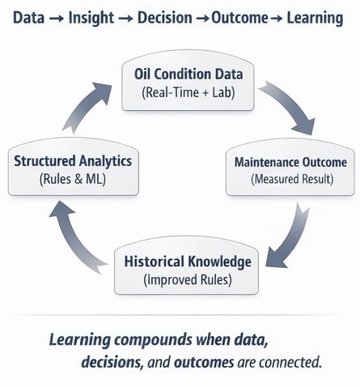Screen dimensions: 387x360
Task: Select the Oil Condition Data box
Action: point(188,83)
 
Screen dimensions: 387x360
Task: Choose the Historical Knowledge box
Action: point(186,270)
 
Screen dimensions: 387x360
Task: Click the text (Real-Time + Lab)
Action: point(188,92)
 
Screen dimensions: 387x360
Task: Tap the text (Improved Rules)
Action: point(187,280)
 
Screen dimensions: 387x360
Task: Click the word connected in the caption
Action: point(286,362)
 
